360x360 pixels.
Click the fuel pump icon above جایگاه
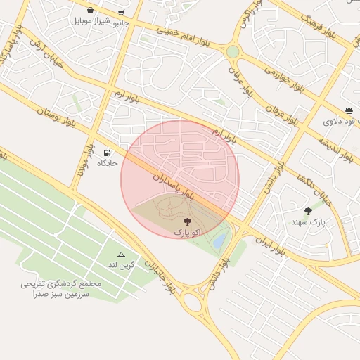107,153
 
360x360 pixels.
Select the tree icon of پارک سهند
308,211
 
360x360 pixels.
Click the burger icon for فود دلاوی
349,110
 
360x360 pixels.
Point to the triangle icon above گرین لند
121,255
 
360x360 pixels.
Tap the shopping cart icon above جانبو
122,12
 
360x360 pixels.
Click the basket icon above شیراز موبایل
91,11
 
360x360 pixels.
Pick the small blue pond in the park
219,242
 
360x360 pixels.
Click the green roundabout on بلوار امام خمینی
233,51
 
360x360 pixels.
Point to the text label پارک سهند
309,222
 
